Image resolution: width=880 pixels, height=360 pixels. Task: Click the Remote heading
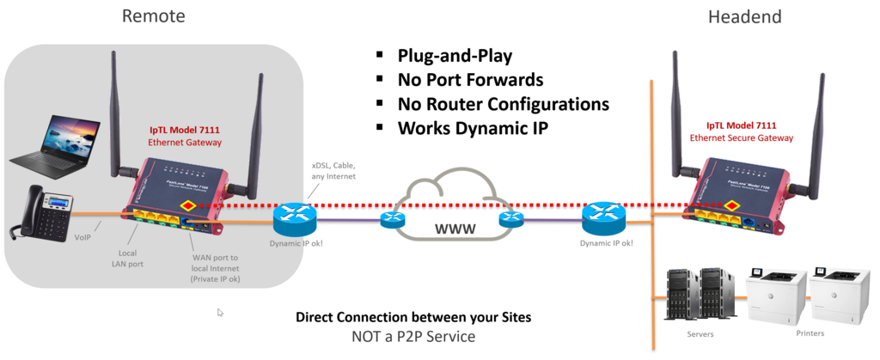153,16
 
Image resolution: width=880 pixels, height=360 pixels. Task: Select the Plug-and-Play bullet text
455,57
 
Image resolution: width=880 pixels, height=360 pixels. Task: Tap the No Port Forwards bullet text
471,81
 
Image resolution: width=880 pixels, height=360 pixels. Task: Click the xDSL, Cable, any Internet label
333,170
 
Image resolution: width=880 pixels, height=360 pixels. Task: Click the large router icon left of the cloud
295,218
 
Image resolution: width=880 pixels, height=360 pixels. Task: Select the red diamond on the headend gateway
731,205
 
